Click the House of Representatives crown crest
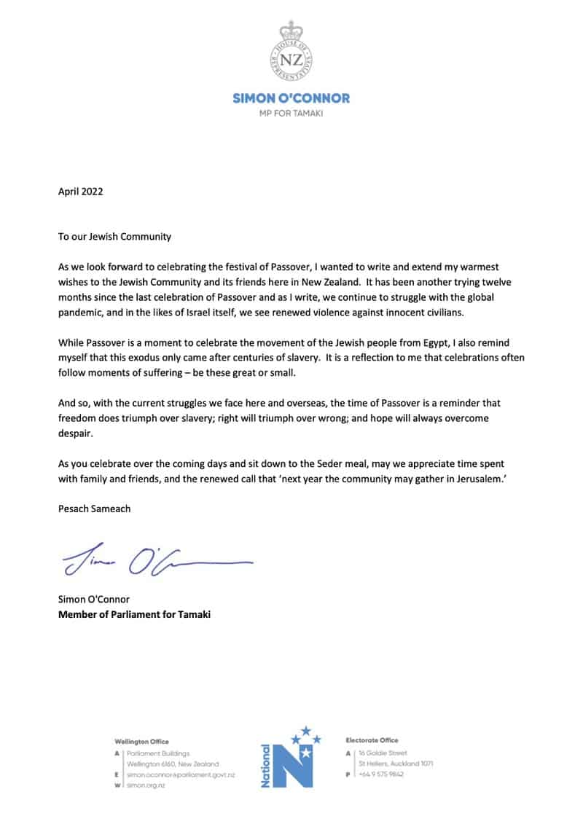(291, 52)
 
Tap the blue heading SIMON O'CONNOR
(291, 98)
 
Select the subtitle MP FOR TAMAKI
(291, 114)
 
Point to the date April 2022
(81, 192)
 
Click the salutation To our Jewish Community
(114, 237)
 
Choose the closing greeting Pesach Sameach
(95, 509)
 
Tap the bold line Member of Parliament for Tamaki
(135, 614)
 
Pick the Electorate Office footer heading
(372, 740)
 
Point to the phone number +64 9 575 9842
(381, 774)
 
